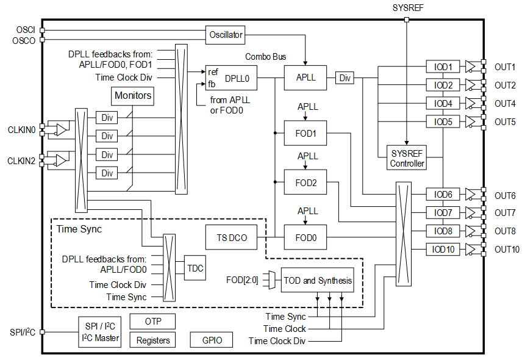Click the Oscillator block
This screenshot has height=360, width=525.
(226, 35)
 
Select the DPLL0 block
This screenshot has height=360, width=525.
(231, 78)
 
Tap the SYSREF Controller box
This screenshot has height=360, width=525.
(407, 158)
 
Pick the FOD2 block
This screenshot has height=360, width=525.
(305, 182)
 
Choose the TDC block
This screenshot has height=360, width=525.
(195, 268)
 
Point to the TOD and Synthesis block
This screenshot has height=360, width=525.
(317, 281)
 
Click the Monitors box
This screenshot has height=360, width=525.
(133, 96)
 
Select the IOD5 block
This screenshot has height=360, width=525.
(443, 121)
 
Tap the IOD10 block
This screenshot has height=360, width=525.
(443, 249)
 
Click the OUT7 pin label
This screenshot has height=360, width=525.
(505, 213)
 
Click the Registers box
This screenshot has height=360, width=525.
(152, 340)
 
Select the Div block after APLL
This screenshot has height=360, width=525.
(345, 78)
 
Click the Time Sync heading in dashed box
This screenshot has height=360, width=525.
(79, 229)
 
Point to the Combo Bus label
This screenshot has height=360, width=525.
(266, 57)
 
